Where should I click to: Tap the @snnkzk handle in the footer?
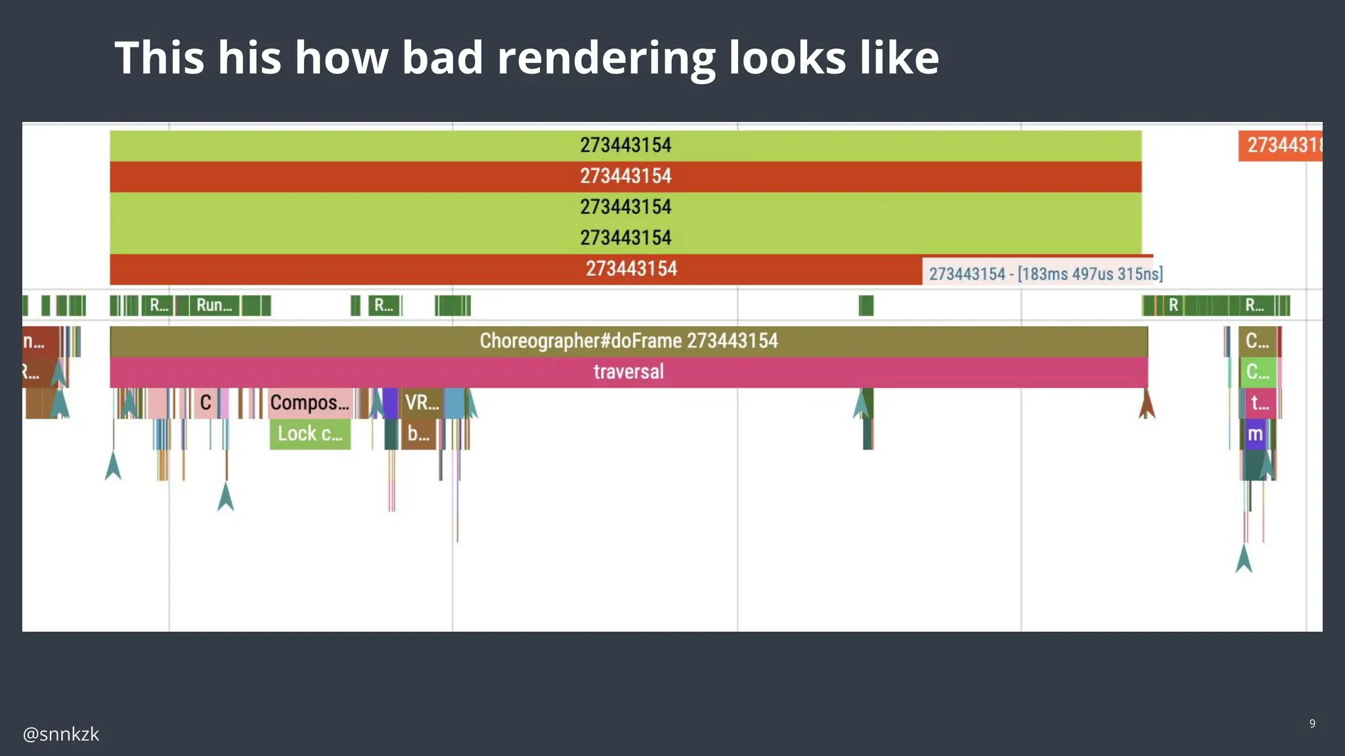(61, 734)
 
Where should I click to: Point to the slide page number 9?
(1312, 723)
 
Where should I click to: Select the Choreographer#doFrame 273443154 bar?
(628, 341)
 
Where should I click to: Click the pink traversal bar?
(628, 372)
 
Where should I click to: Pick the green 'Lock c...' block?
(310, 434)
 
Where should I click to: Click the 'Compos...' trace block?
(310, 402)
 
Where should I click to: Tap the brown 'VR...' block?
(422, 402)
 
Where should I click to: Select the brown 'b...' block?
(418, 434)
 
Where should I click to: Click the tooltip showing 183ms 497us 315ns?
(1046, 274)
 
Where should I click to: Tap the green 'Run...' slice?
(214, 305)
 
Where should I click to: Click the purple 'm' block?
(1255, 434)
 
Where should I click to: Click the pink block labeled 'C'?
(206, 402)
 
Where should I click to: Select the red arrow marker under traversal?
(1147, 406)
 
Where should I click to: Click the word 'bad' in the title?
(443, 58)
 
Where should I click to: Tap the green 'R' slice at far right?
(1173, 305)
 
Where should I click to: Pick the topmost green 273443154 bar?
(625, 145)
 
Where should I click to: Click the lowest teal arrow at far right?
(1244, 559)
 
